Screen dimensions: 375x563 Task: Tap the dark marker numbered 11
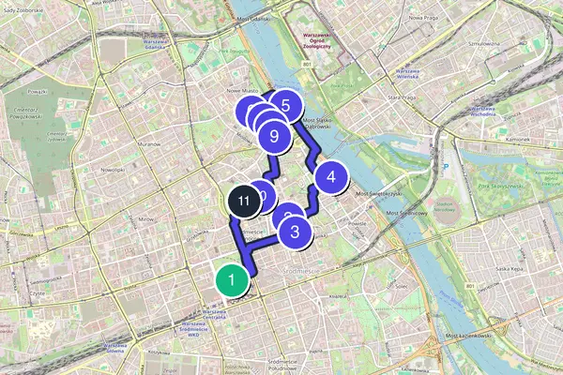[x=244, y=201]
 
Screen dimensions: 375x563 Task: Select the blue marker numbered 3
[x=295, y=232]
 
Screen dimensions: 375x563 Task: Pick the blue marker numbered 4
[x=330, y=175]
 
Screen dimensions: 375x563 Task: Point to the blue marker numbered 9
[x=274, y=136]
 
